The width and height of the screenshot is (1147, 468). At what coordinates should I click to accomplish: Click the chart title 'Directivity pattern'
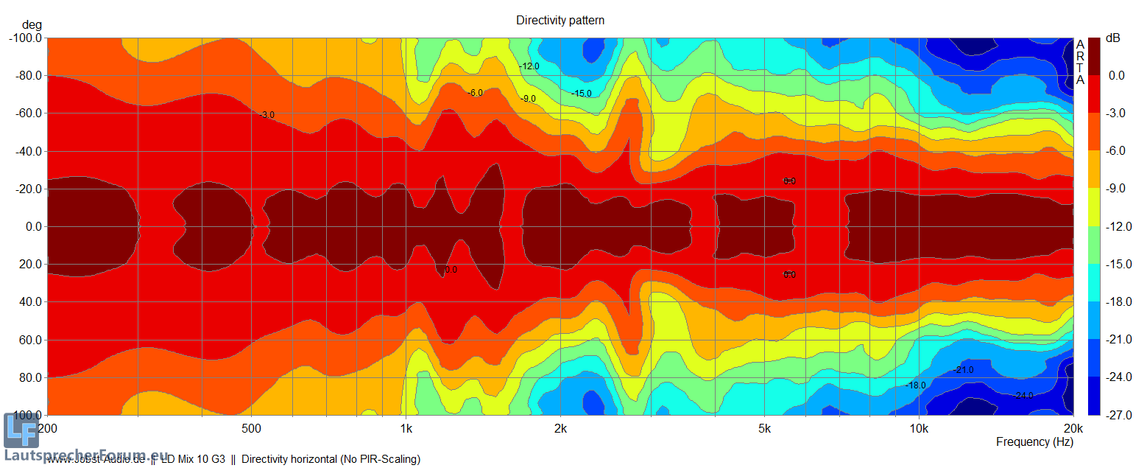pos(560,21)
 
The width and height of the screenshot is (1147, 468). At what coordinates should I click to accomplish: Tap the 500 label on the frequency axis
pos(251,428)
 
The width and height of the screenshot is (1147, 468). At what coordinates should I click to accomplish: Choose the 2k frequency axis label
pos(560,428)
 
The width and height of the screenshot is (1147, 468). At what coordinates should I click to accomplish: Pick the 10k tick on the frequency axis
pos(918,428)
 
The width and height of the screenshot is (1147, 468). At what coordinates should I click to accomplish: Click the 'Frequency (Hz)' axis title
pos(1034,442)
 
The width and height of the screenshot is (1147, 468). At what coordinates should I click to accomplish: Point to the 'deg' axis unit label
pos(32,25)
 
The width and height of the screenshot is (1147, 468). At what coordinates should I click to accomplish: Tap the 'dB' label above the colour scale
pos(1112,38)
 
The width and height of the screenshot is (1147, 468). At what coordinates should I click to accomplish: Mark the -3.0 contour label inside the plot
pos(266,115)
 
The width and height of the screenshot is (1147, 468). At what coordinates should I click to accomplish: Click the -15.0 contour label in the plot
pos(581,94)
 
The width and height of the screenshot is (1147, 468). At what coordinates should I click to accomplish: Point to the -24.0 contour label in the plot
pos(1024,396)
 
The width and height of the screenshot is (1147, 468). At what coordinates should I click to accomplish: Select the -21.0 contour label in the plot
pos(963,369)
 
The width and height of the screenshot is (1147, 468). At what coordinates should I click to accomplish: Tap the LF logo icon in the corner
pos(21,431)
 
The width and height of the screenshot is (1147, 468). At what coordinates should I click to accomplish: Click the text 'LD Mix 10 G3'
pos(193,459)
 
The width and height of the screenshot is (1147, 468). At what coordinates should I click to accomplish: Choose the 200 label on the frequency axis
pos(47,428)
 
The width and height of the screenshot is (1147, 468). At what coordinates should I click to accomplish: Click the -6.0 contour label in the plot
pos(475,93)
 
